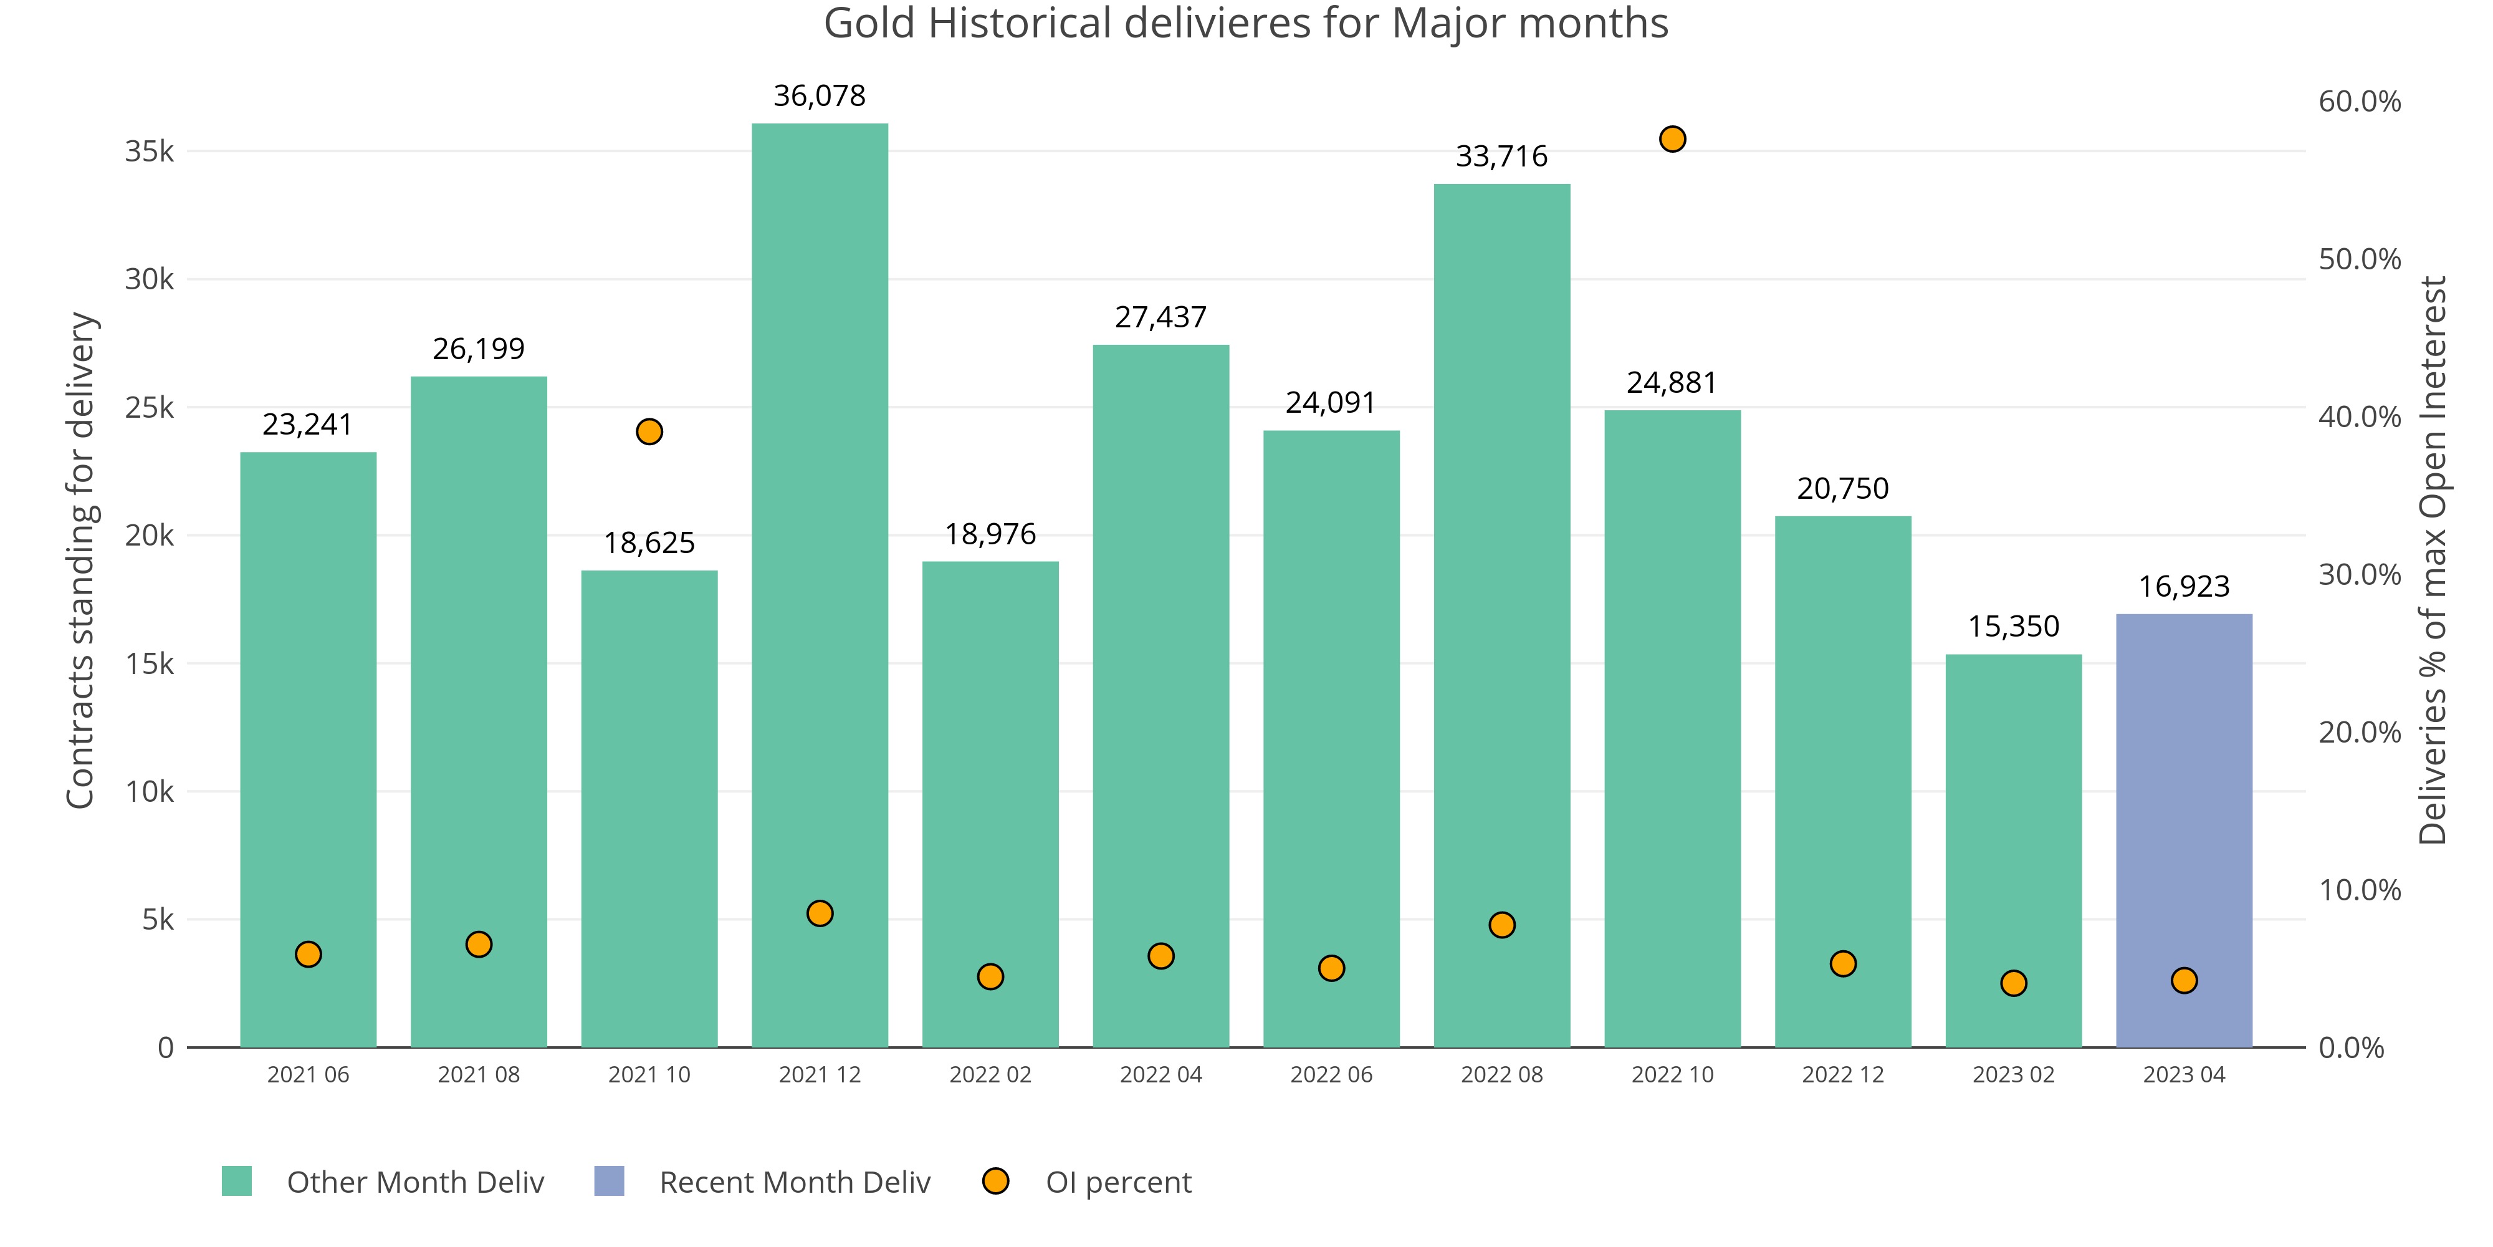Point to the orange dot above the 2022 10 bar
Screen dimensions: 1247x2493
click(x=1672, y=140)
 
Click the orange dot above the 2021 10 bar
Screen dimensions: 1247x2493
click(x=649, y=432)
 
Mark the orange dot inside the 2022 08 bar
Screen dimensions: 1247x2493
click(x=1502, y=925)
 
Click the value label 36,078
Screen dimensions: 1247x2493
click(x=820, y=96)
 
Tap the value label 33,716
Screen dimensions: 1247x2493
click(x=1502, y=157)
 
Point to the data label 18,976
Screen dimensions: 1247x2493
click(x=990, y=534)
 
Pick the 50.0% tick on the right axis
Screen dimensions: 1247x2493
click(x=2360, y=259)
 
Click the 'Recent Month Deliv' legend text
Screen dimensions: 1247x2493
click(x=795, y=1182)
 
